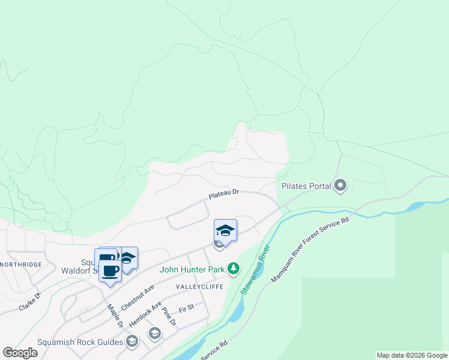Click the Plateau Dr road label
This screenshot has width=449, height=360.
[224, 195]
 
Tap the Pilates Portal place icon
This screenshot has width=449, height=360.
[340, 185]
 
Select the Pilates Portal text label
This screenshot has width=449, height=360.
[306, 186]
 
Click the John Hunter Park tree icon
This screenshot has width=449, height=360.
[234, 269]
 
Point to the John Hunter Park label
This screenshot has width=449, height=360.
[192, 269]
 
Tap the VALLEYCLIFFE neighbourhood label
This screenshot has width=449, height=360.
[199, 287]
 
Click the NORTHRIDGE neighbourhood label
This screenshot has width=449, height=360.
[21, 265]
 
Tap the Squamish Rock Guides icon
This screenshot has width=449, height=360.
[132, 342]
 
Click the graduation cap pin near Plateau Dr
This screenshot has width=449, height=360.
[225, 230]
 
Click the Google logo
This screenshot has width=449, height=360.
[20, 353]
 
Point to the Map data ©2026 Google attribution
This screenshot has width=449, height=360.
[412, 355]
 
